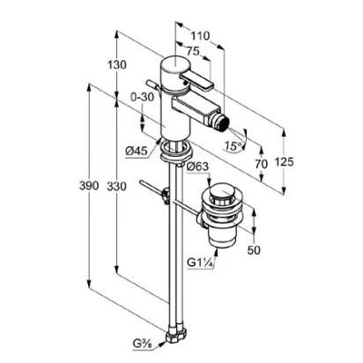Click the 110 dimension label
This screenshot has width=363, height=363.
(x=201, y=36)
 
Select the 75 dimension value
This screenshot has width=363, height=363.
(x=193, y=51)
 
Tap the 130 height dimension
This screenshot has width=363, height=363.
(x=116, y=64)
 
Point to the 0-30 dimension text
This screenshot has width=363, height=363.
(x=142, y=97)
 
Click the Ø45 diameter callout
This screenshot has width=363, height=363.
(x=137, y=151)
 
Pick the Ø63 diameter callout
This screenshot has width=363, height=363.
(x=197, y=167)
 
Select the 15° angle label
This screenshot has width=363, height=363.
(x=234, y=145)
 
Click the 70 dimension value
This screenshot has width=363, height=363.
(x=261, y=164)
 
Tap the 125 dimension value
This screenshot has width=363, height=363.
(x=284, y=161)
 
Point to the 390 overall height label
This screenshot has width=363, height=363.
(x=89, y=186)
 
